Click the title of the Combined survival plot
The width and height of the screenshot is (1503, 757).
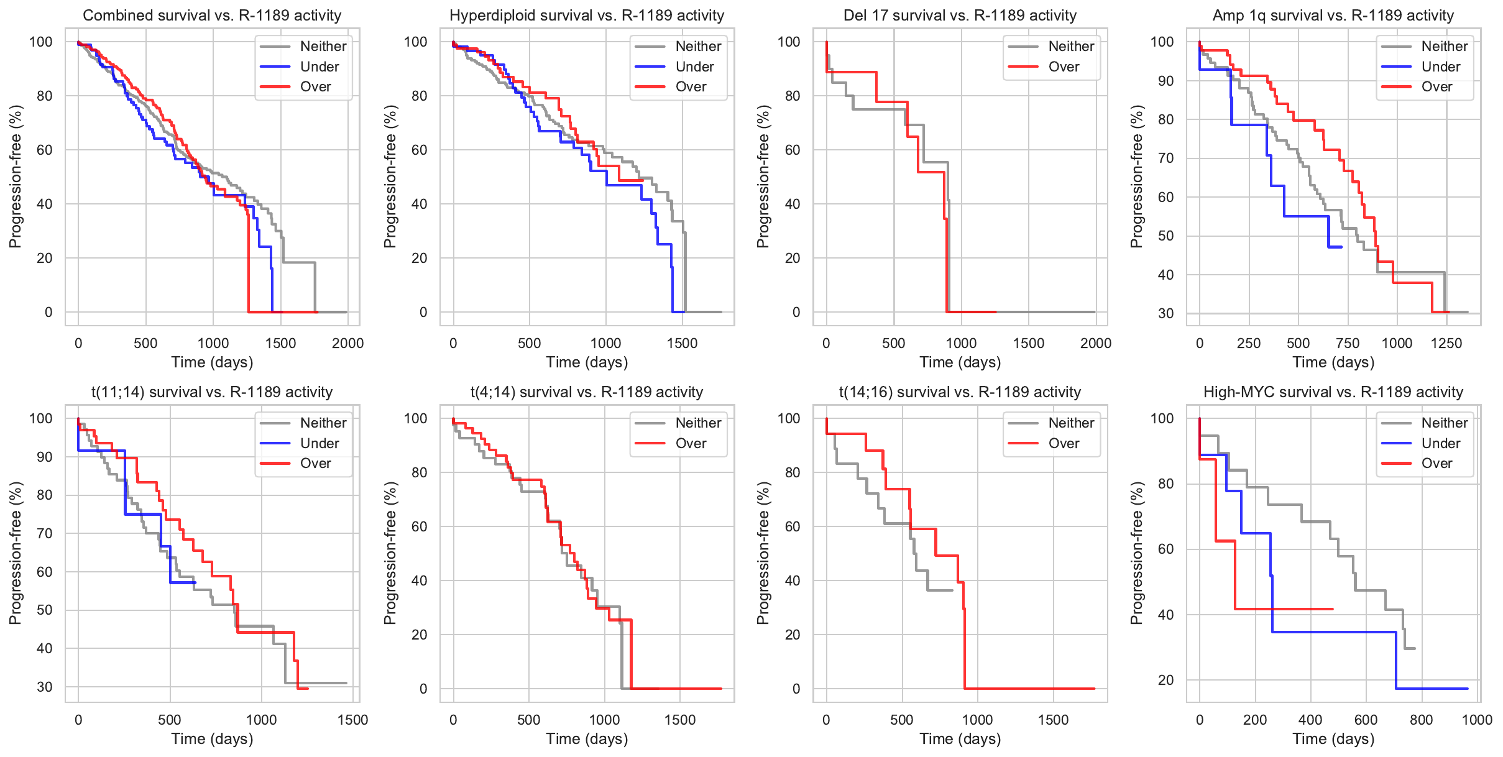pyautogui.click(x=212, y=16)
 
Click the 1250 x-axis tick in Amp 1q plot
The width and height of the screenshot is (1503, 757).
pyautogui.click(x=1446, y=343)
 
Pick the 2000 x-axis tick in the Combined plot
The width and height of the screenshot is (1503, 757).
pyautogui.click(x=347, y=343)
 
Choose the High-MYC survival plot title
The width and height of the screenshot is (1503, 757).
pyautogui.click(x=1333, y=392)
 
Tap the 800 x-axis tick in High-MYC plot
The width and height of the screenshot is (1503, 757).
pyautogui.click(x=1422, y=720)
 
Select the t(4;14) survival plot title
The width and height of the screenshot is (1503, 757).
pyautogui.click(x=587, y=392)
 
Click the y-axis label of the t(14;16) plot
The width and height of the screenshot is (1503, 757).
pyautogui.click(x=763, y=553)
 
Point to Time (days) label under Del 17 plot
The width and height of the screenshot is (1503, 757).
pyautogui.click(x=960, y=362)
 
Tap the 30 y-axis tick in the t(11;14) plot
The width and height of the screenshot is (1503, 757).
pyautogui.click(x=45, y=687)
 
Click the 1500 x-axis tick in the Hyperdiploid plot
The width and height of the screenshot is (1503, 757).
pyautogui.click(x=682, y=343)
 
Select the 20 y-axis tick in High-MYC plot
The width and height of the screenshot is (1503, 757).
pyautogui.click(x=1165, y=680)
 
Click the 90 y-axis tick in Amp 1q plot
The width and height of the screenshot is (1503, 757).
pyautogui.click(x=1165, y=81)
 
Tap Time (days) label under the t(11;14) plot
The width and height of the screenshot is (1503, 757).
pyautogui.click(x=212, y=739)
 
